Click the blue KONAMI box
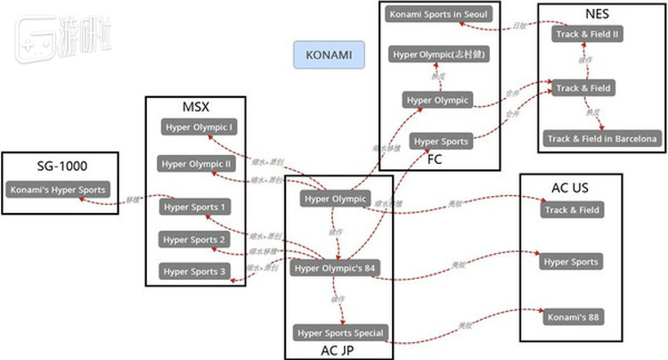[x=329, y=55]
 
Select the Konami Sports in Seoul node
[x=439, y=14]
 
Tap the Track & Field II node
[x=587, y=34]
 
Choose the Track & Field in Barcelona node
[x=602, y=138]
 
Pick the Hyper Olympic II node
[x=197, y=164]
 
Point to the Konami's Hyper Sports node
[x=58, y=189]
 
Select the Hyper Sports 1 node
[x=197, y=207]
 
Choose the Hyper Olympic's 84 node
[x=336, y=267]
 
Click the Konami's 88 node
[x=571, y=316]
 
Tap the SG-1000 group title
[x=62, y=166]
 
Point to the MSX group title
[x=196, y=105]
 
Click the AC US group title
[x=570, y=188]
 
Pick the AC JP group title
[x=339, y=350]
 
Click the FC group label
[x=435, y=160]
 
